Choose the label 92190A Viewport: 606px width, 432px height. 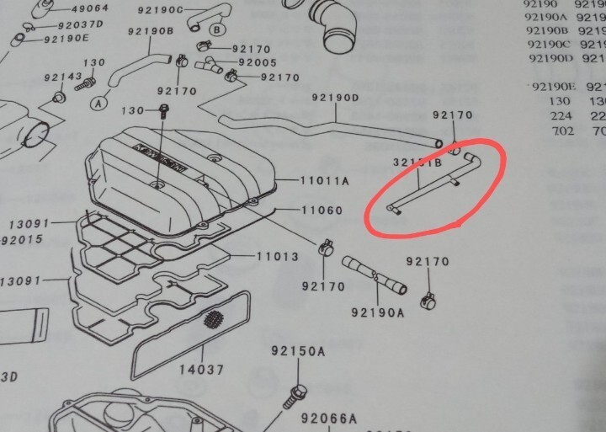click(377, 312)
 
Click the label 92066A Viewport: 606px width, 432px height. click(330, 417)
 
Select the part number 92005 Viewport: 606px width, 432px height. click(258, 62)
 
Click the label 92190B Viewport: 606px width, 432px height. click(151, 32)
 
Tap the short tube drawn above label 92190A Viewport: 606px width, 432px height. click(374, 278)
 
